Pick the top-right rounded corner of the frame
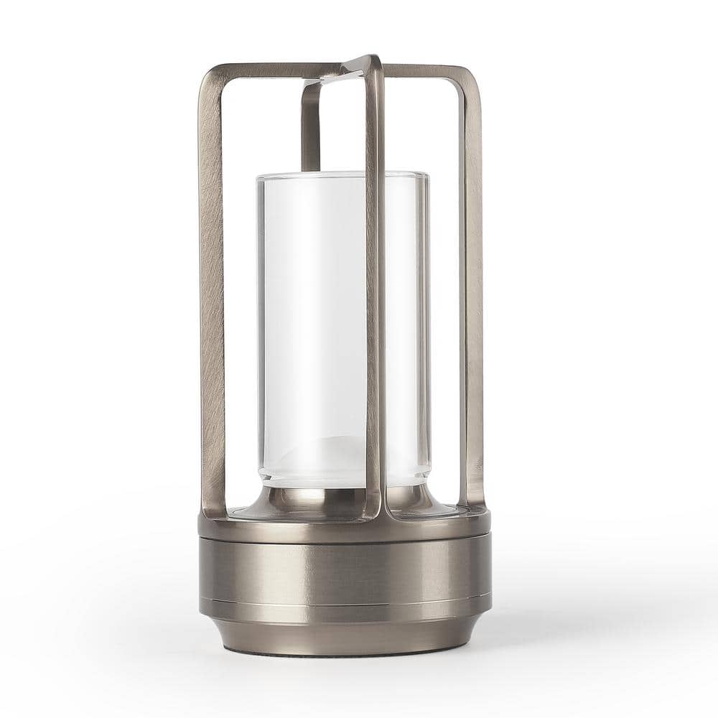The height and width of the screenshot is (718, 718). click(470, 75)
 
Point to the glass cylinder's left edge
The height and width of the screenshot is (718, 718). click(259, 323)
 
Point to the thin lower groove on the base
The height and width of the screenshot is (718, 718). click(345, 602)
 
